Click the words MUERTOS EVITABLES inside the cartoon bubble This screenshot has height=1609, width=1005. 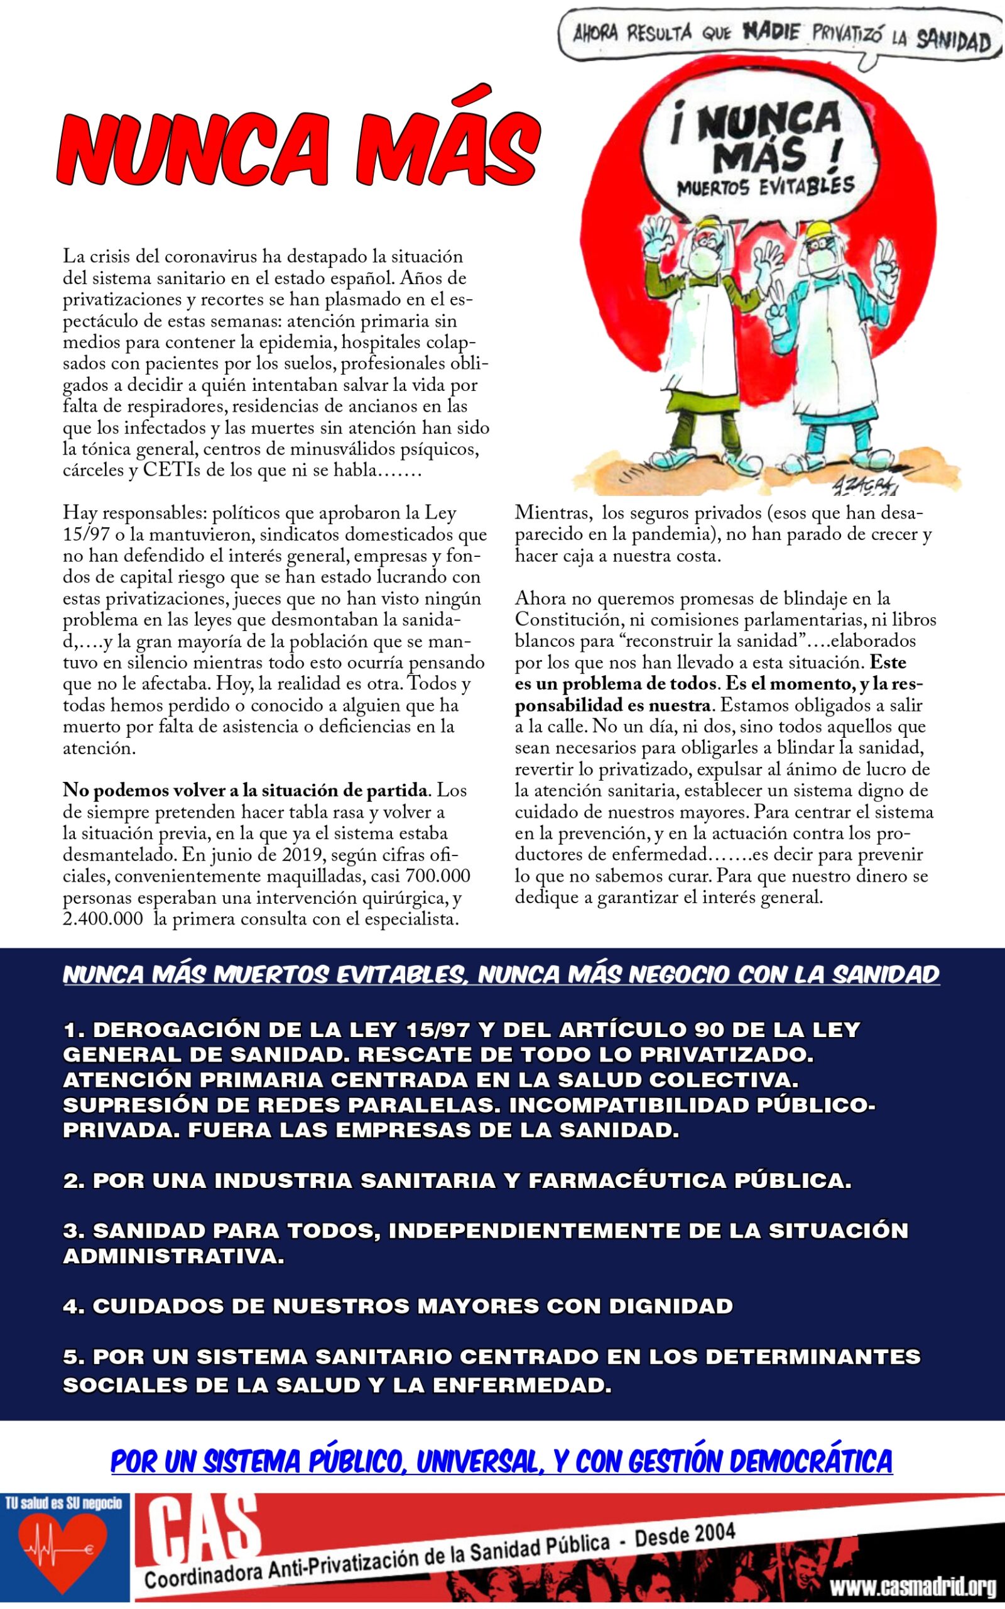(765, 187)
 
